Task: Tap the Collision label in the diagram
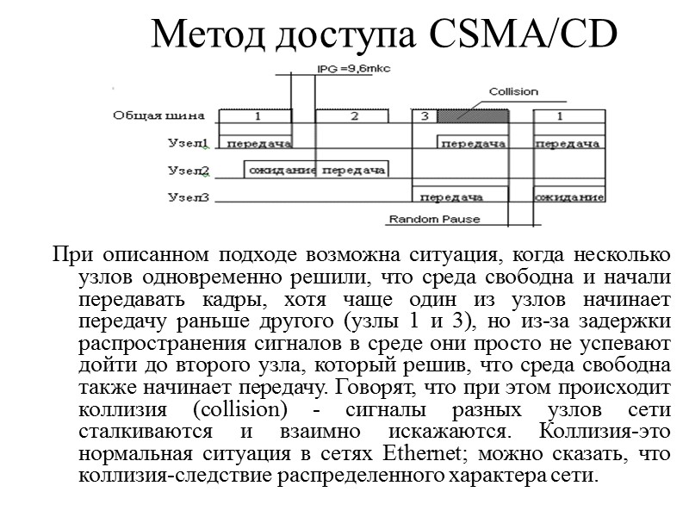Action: [x=513, y=91]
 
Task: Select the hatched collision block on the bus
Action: [x=473, y=116]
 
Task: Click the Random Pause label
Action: [x=434, y=219]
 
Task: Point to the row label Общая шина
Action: [x=159, y=115]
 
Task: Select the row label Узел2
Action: [x=188, y=171]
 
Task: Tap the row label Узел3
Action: [x=188, y=198]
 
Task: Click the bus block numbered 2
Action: [x=354, y=116]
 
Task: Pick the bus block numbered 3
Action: [x=424, y=116]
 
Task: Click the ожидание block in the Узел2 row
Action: [x=282, y=171]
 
